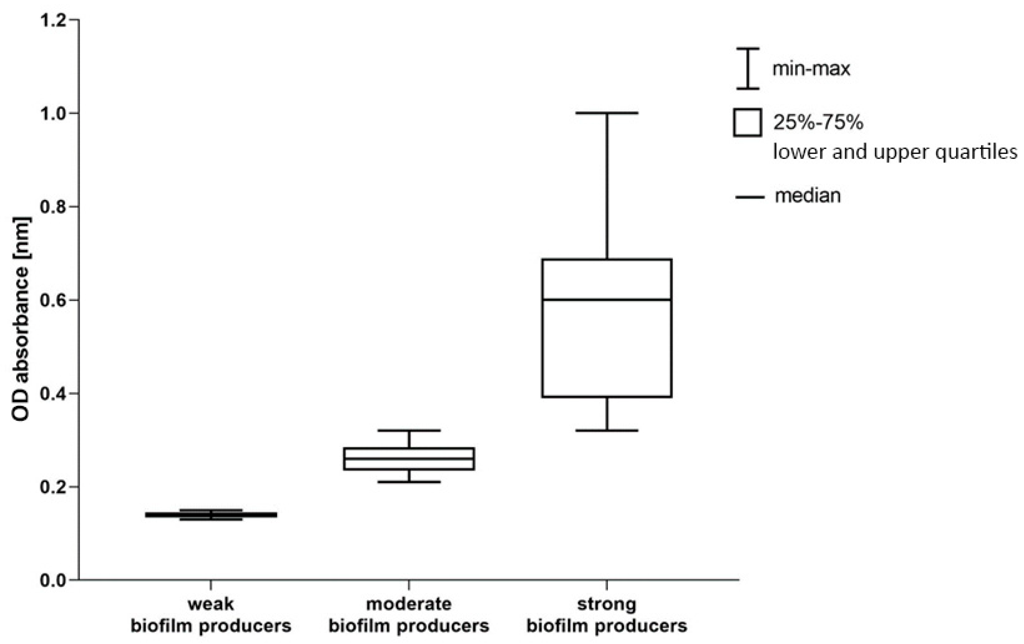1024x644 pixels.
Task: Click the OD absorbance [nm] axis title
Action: (20, 319)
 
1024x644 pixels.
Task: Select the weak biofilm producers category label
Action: (211, 615)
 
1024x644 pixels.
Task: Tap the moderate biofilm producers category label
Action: (409, 615)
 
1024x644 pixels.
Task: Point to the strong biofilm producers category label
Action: (607, 615)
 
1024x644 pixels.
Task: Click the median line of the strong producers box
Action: (607, 300)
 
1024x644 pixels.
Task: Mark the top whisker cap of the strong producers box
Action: (607, 113)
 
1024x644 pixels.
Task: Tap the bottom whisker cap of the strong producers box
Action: (607, 431)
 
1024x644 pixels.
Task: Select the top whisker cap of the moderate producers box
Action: (409, 431)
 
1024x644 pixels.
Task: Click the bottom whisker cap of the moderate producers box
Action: (409, 482)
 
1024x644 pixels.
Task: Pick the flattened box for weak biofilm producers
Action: (211, 515)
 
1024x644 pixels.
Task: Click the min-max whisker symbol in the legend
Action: (748, 68)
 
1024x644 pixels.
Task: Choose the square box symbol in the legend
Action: (747, 123)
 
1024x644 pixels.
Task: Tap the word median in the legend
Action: (808, 196)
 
